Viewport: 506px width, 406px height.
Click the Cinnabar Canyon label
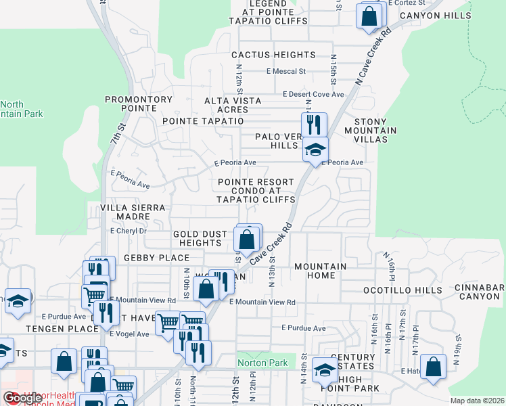[x=482, y=292]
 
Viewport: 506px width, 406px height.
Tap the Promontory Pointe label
[x=139, y=104]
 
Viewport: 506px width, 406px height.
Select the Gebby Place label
[x=147, y=258]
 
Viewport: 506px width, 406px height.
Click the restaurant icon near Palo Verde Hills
[x=314, y=125]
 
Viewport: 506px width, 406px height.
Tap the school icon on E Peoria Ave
[x=315, y=150]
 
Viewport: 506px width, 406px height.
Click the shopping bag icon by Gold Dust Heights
[x=247, y=238]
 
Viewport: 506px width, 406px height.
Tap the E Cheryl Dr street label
[x=128, y=230]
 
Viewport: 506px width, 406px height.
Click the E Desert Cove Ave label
[x=313, y=94]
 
